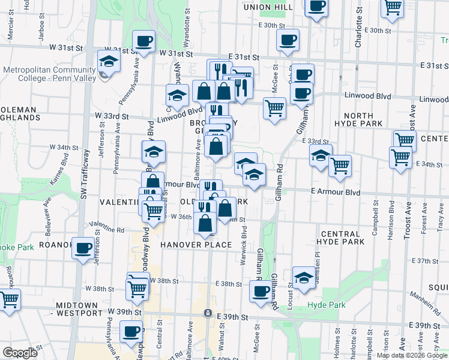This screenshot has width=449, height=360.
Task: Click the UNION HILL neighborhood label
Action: (268, 7)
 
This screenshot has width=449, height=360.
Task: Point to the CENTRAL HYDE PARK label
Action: (351, 238)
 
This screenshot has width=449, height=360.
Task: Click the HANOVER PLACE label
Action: (195, 245)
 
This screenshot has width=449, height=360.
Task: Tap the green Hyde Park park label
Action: (326, 305)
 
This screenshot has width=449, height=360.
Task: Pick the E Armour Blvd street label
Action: (335, 193)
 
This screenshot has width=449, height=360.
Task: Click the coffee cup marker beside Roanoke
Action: (82, 247)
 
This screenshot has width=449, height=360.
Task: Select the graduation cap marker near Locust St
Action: (304, 277)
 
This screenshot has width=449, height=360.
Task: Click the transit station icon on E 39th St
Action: (207, 313)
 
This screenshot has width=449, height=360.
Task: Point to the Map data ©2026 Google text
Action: (411, 355)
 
